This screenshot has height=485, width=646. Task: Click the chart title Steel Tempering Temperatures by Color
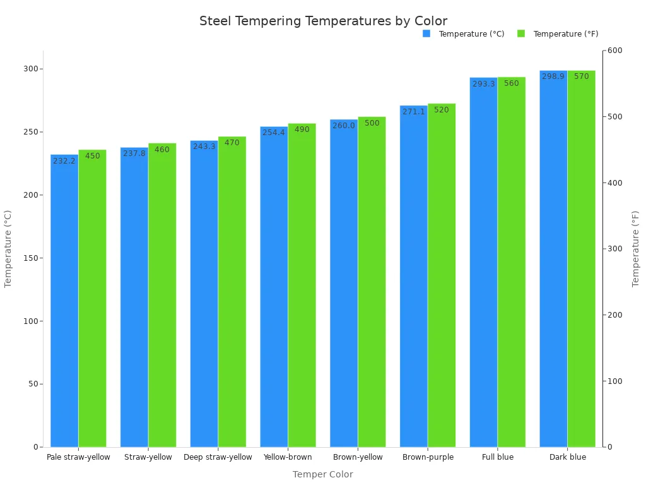click(323, 21)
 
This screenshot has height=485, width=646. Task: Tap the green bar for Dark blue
click(581, 259)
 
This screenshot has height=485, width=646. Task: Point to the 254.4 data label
click(274, 133)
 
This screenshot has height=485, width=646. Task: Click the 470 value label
click(232, 143)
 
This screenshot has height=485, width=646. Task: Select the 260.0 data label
click(344, 126)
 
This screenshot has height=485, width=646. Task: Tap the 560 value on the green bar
click(512, 83)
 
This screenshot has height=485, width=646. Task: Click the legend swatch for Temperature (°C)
click(426, 33)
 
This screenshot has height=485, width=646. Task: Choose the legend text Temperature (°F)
click(566, 34)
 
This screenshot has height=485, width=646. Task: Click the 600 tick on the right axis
click(614, 51)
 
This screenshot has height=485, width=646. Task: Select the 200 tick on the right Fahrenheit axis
click(614, 315)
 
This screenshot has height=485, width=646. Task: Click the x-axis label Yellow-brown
click(288, 457)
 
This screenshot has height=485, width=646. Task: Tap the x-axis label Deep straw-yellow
click(218, 457)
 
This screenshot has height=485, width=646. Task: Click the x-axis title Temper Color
click(323, 474)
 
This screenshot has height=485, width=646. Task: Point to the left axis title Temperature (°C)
click(8, 249)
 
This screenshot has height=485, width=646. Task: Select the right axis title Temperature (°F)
click(636, 249)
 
